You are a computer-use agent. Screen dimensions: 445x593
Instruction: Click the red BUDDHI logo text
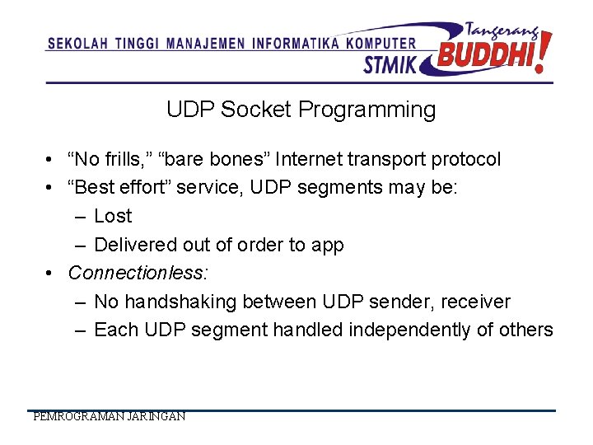[x=485, y=55]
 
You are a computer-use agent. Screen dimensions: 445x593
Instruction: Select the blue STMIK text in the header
[x=390, y=63]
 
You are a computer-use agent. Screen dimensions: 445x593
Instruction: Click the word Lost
[x=113, y=216]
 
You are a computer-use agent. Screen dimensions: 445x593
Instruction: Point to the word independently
[x=409, y=330]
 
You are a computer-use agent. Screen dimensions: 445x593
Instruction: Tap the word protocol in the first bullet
[x=465, y=159]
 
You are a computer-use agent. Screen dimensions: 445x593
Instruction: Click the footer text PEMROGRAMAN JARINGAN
[x=109, y=417]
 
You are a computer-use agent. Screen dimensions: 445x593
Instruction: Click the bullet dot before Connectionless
[x=51, y=273]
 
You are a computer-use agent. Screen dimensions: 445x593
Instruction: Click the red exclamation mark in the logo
[x=543, y=51]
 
